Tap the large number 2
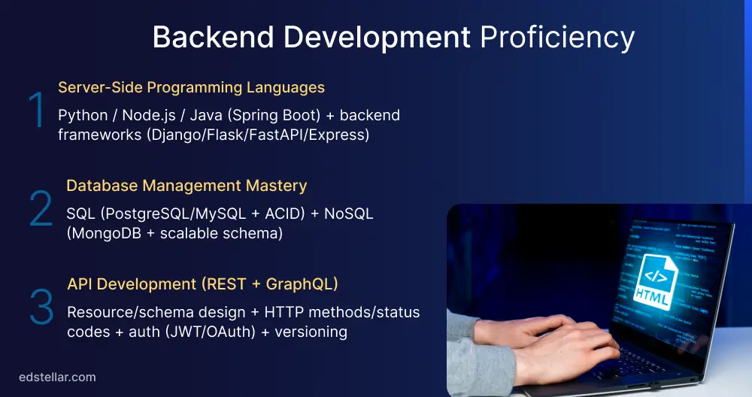tap(41, 210)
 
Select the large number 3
tap(41, 307)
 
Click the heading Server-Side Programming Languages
tap(191, 87)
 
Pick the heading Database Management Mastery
tap(186, 185)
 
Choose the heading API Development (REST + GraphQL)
tap(202, 283)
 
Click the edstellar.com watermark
tap(57, 377)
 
